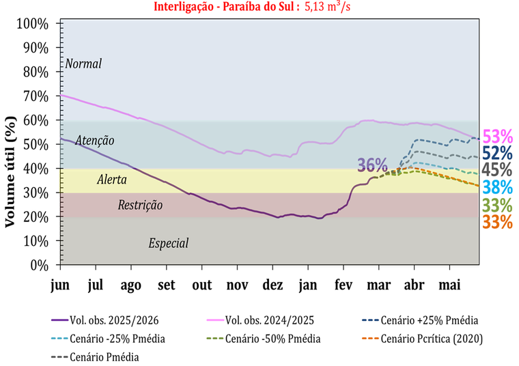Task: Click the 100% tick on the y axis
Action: [32, 24]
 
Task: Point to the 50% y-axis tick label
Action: [36, 145]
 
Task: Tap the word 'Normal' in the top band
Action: [83, 64]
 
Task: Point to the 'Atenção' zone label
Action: [95, 141]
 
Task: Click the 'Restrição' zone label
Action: [140, 204]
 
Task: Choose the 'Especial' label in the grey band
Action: [168, 243]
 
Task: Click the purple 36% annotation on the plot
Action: [372, 165]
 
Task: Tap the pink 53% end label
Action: [497, 137]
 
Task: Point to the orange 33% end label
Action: [497, 222]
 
